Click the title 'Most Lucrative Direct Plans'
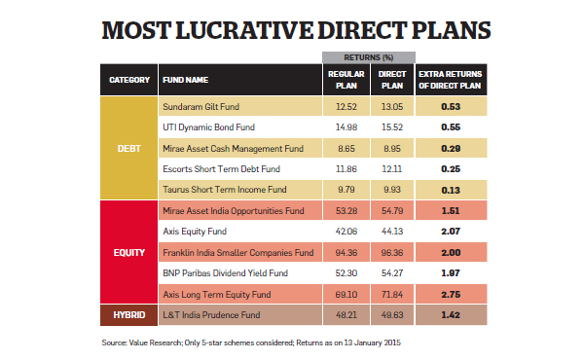click(292, 30)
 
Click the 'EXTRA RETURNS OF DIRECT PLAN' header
click(451, 79)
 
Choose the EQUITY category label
click(128, 251)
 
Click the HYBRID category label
click(128, 315)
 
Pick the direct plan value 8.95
click(390, 148)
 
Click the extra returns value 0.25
click(451, 168)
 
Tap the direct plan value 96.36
click(390, 252)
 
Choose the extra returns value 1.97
click(451, 273)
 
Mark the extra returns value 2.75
click(451, 294)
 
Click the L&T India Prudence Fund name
click(209, 315)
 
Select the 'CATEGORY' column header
click(128, 79)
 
